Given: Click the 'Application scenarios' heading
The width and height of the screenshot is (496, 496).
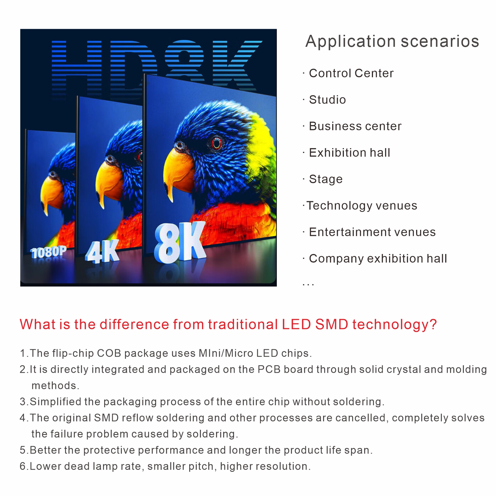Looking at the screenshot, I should [x=392, y=41].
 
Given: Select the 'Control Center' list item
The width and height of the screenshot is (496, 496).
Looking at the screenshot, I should [x=351, y=73].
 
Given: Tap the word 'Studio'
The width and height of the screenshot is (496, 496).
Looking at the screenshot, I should [x=327, y=100].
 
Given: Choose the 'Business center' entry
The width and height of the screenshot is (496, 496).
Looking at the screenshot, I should [x=355, y=126].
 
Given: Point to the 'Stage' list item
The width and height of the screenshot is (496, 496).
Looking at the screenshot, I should [x=326, y=179].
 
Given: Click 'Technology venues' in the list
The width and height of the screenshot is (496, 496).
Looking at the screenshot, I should [x=362, y=206].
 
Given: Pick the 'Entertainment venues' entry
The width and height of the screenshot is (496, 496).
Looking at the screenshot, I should [x=372, y=232].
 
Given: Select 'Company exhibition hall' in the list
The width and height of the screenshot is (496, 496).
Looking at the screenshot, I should [x=378, y=259].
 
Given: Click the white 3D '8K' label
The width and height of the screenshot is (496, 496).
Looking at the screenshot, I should [x=180, y=243].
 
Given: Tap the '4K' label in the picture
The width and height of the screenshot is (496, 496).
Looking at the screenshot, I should [x=102, y=251].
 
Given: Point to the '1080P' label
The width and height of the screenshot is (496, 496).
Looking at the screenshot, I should [x=49, y=252].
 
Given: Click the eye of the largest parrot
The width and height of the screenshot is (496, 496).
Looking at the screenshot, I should [x=217, y=143].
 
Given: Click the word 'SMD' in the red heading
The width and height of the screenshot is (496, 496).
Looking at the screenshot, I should [x=332, y=324].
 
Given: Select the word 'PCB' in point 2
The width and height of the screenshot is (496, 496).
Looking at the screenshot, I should [x=269, y=369].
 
